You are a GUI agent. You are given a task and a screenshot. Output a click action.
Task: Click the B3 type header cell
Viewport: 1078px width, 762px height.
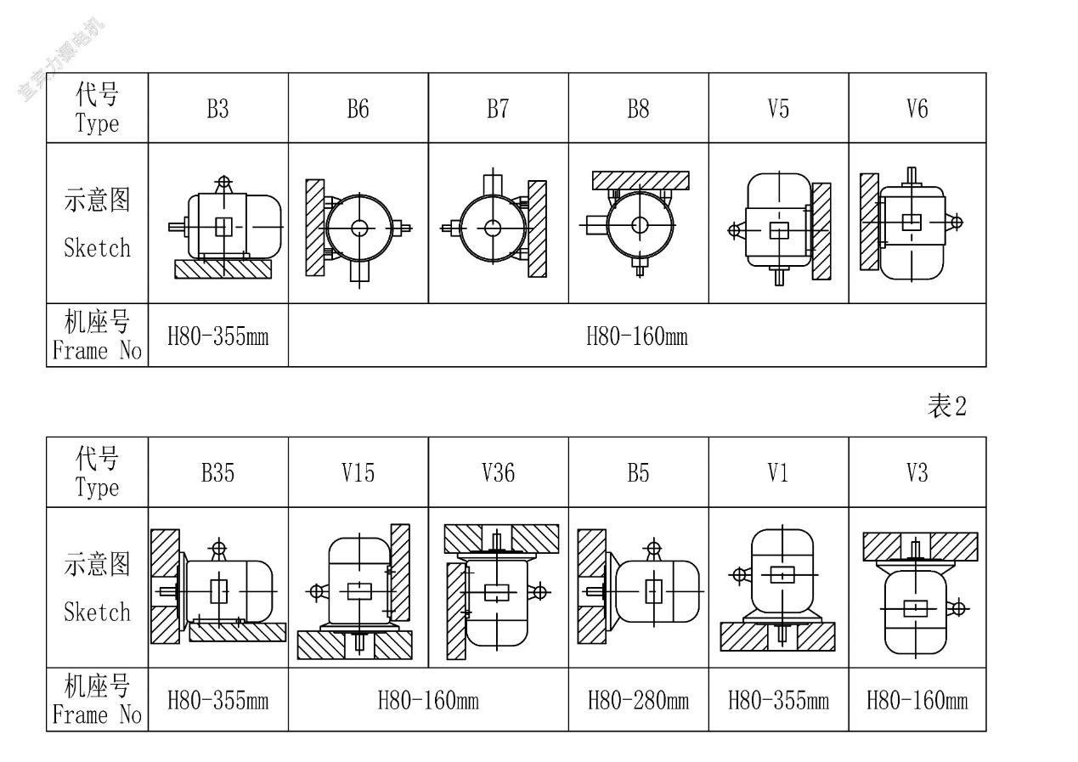point(218,109)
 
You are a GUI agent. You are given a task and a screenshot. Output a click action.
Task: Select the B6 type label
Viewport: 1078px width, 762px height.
point(358,109)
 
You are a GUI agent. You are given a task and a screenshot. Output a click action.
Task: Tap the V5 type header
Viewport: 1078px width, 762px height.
point(778,109)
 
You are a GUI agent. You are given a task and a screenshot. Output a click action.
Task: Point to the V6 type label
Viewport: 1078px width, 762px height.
point(917,109)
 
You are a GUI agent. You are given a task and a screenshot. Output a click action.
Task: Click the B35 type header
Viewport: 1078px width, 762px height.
point(218,473)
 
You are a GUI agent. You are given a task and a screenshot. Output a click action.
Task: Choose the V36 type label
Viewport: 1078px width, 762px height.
point(498,473)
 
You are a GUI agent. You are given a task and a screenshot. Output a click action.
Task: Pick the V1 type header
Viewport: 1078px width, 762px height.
point(778,473)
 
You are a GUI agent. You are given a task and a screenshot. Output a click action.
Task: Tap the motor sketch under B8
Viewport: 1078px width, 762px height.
point(639,223)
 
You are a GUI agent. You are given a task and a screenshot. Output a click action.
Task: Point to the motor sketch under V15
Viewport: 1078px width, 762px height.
point(358,592)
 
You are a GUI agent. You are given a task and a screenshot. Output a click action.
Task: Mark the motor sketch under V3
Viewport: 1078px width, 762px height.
point(917,592)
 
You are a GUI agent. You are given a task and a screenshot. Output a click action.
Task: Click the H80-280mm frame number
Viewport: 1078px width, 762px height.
point(639,701)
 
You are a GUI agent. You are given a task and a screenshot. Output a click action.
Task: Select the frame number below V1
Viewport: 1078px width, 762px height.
point(778,701)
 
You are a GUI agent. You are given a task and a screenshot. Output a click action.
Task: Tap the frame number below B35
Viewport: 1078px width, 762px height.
point(218,701)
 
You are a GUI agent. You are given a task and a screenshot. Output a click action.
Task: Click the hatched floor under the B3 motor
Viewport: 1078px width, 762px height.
point(223,269)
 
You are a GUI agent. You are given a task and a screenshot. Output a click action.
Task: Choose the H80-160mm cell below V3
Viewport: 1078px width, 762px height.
point(917,701)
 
